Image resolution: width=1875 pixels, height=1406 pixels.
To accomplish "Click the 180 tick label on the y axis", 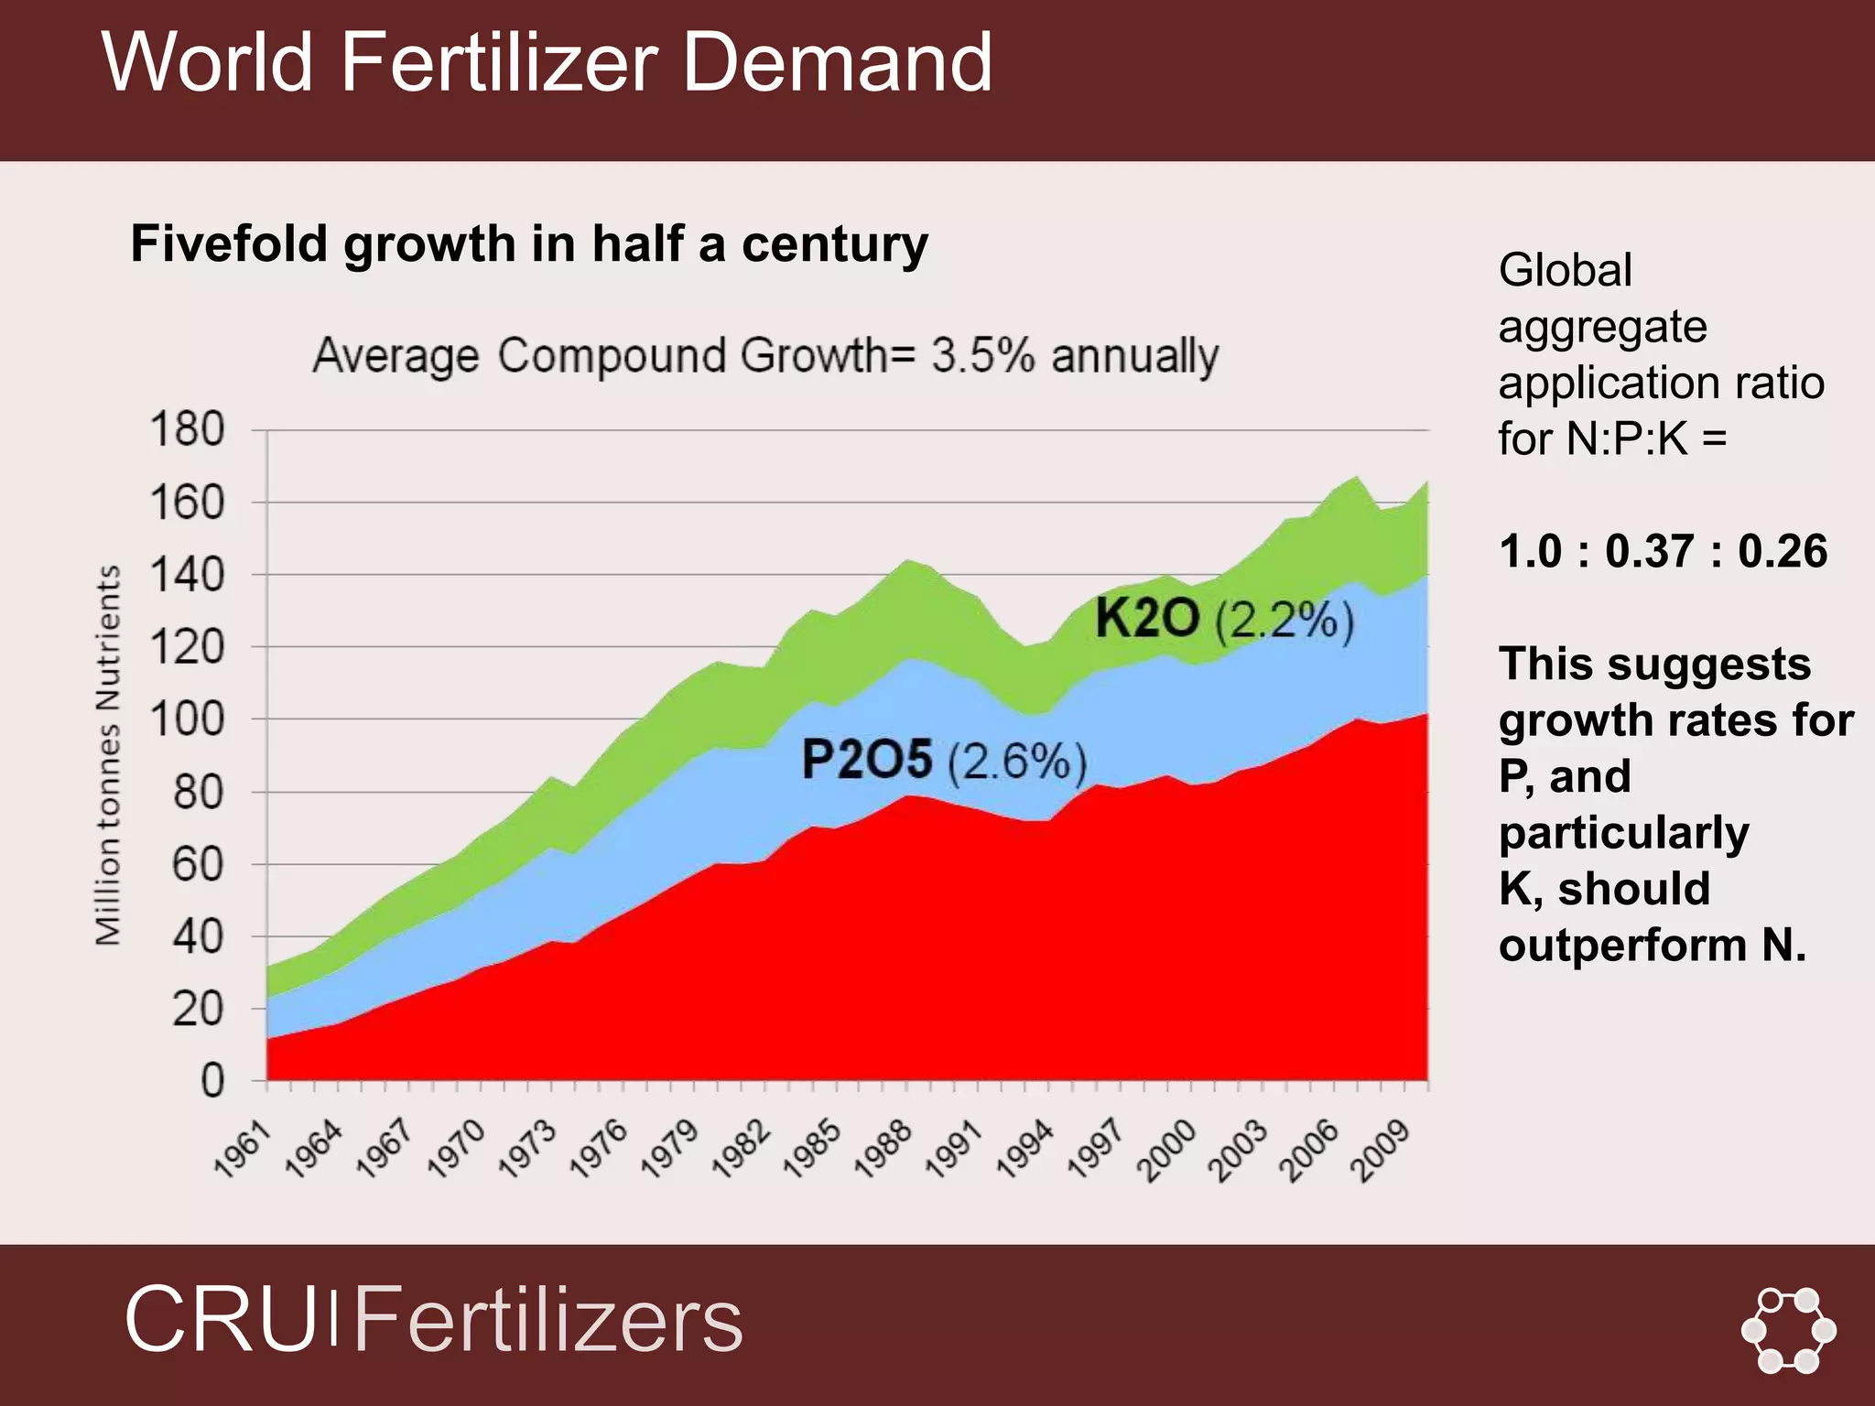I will point(187,429).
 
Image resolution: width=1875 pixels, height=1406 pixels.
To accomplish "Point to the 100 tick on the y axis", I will point(187,719).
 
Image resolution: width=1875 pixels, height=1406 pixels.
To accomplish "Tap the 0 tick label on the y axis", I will point(212,1081).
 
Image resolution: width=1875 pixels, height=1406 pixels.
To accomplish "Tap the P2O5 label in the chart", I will point(866,760).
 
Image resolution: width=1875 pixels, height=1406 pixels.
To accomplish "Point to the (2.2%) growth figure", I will point(1284,622).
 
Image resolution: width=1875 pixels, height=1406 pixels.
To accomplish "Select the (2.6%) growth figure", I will point(1016,762).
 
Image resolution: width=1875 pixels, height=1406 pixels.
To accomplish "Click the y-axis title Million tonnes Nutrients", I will point(108,755).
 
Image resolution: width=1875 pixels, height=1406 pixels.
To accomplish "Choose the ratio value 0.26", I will point(1783,552).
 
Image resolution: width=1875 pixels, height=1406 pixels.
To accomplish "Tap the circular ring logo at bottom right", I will point(1788,1330).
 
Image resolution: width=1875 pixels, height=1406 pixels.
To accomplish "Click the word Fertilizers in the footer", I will point(547,1320).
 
